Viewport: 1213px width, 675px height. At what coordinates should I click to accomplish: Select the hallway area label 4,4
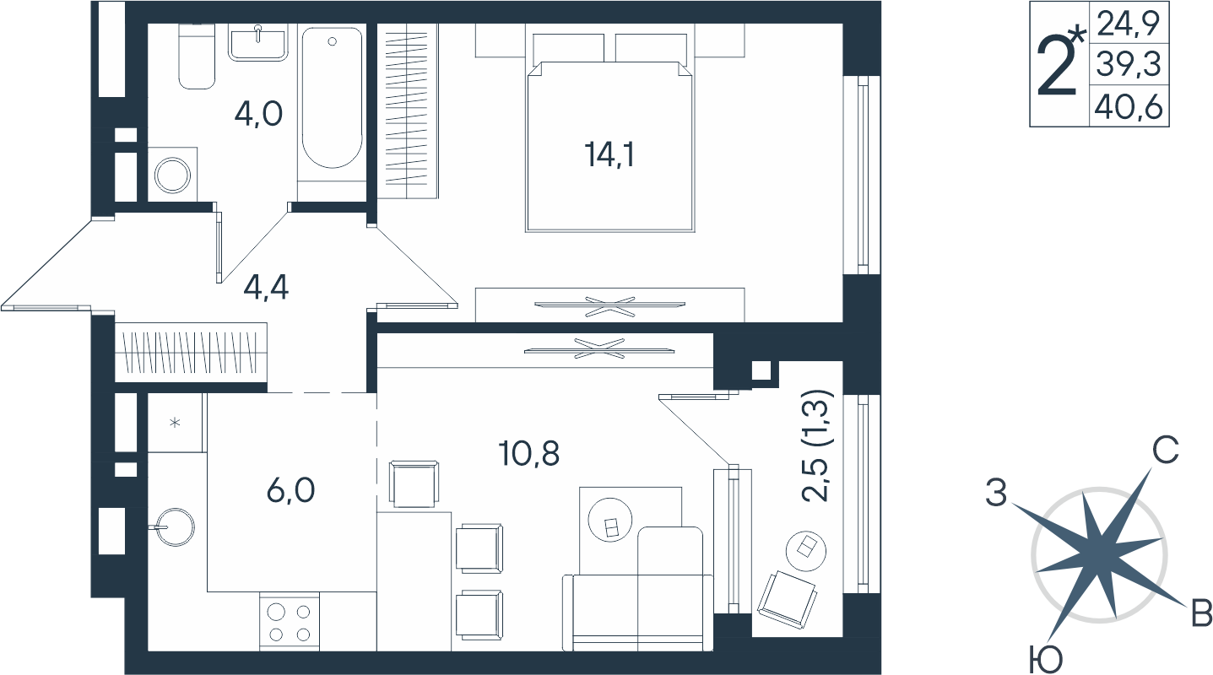click(266, 288)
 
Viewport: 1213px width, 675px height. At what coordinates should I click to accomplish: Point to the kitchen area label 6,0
click(290, 490)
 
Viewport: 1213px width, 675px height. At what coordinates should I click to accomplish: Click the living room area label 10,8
click(529, 453)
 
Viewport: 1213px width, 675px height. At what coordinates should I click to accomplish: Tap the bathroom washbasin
click(257, 43)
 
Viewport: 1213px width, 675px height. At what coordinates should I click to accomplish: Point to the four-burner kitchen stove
click(290, 621)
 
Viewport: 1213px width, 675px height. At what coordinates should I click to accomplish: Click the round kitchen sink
click(175, 526)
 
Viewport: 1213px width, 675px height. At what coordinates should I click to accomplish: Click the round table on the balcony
click(806, 550)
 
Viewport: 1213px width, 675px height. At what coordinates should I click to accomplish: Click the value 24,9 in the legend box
click(1129, 24)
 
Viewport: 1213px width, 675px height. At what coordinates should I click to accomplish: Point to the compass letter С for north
click(1166, 450)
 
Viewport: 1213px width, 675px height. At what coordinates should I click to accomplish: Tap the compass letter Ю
click(1045, 660)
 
